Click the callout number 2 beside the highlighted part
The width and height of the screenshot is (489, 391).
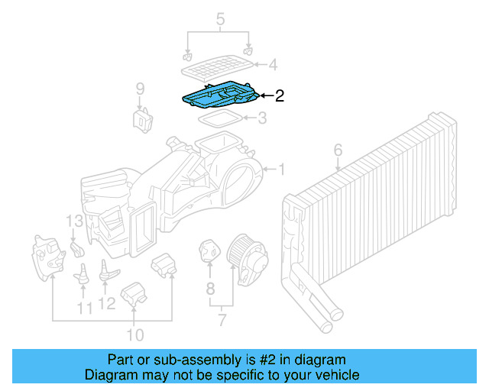[x=280, y=96]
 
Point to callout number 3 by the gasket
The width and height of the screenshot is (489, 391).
[x=262, y=118]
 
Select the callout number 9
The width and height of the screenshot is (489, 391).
[x=140, y=89]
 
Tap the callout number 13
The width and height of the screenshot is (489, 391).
[x=73, y=221]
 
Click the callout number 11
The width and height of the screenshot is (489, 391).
[x=85, y=308]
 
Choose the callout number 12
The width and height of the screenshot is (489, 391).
[x=107, y=304]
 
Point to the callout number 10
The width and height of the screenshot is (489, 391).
[x=135, y=334]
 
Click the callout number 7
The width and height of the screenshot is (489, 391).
[x=221, y=319]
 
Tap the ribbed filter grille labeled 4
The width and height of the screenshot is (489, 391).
[x=218, y=67]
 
